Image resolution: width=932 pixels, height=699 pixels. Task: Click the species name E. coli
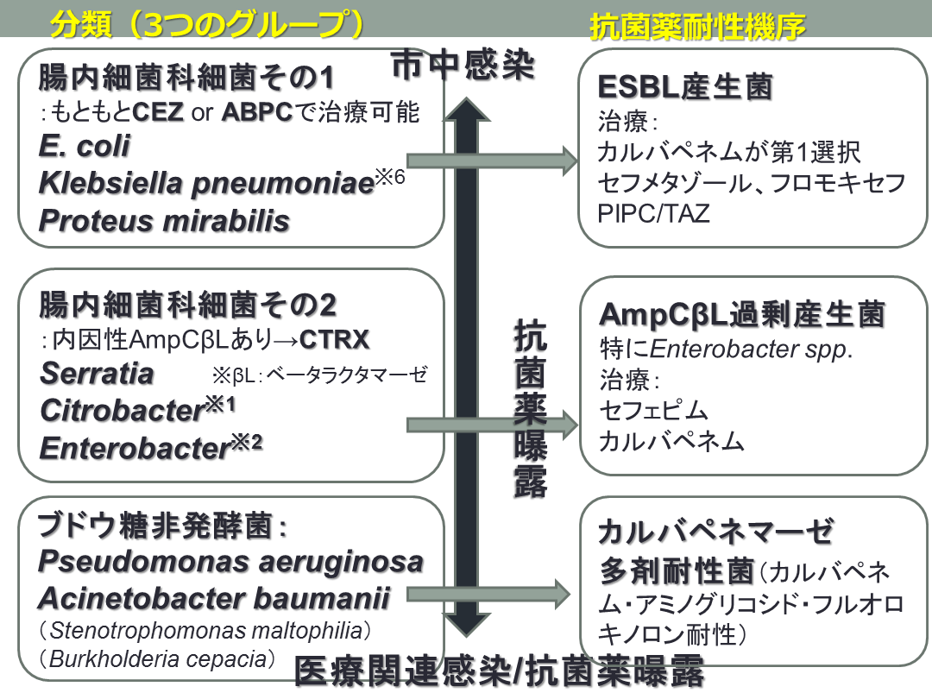pos(85,146)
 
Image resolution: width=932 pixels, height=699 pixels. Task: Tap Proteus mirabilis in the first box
pos(164,220)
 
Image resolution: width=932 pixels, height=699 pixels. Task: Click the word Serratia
pos(97,374)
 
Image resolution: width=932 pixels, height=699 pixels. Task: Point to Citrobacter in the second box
pos(121,411)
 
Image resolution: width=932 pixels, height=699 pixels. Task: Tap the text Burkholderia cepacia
pos(157,659)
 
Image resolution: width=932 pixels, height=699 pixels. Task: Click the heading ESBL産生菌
pos(685,88)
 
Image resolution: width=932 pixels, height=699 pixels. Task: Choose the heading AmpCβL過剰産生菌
pos(742,315)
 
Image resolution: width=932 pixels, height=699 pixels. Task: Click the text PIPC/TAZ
pos(653,213)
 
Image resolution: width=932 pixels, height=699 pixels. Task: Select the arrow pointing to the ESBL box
pos(492,160)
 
